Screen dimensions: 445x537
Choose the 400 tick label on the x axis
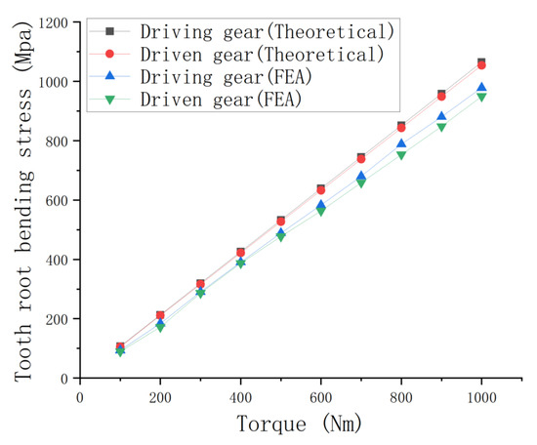(240, 396)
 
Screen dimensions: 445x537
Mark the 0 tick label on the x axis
(80, 396)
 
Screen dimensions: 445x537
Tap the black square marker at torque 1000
(481, 62)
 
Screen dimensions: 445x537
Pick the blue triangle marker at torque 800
(401, 144)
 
